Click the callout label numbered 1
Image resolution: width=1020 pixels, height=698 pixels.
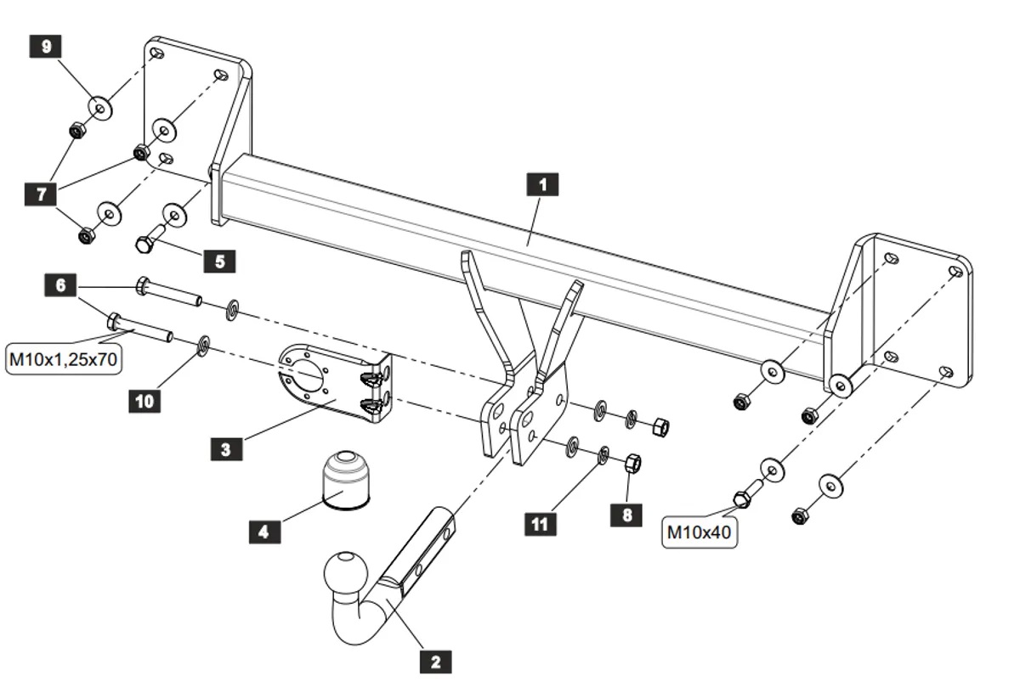tap(543, 184)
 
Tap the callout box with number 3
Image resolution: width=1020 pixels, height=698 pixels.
tap(225, 448)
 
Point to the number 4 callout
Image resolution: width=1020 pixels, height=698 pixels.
tap(264, 532)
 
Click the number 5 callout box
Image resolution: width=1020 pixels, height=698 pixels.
tap(219, 261)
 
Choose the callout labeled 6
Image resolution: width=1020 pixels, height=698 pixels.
tap(60, 285)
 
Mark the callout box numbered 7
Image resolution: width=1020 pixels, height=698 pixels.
tap(40, 194)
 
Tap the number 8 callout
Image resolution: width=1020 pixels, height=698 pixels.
tap(626, 514)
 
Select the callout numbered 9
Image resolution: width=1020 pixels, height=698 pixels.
tap(45, 46)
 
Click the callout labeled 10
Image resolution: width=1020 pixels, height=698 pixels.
tap(145, 400)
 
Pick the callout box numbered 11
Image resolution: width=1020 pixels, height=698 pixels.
tap(540, 524)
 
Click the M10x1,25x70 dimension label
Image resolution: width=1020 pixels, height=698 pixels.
tap(62, 359)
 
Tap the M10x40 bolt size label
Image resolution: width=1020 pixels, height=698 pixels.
tap(699, 533)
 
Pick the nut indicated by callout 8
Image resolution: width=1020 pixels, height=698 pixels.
tap(632, 464)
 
